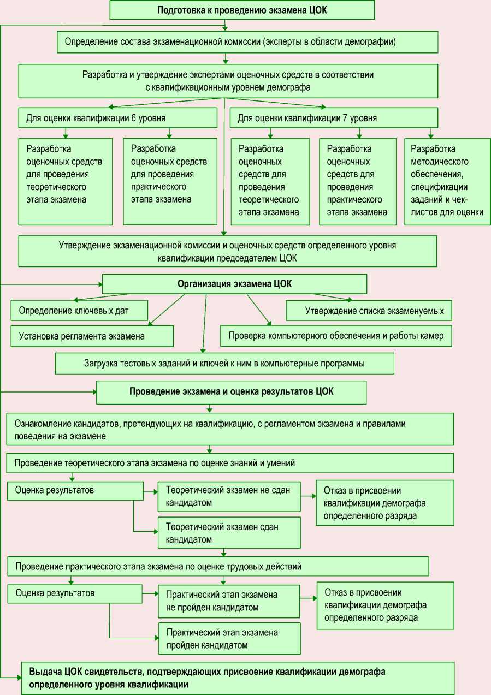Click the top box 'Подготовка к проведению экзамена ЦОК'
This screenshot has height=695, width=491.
click(x=242, y=10)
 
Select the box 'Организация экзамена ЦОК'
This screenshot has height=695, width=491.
click(x=234, y=284)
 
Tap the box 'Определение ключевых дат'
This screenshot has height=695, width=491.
click(x=79, y=311)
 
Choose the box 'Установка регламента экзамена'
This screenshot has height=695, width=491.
click(x=92, y=336)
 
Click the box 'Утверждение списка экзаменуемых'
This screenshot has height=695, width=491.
click(x=369, y=311)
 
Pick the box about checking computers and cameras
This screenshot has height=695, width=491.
click(x=336, y=336)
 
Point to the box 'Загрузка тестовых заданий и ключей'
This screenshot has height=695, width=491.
click(x=224, y=363)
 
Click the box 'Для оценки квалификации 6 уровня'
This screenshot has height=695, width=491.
click(x=117, y=117)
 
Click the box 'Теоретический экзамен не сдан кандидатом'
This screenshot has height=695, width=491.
click(x=229, y=496)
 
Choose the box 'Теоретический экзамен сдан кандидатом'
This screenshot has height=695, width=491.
click(x=229, y=533)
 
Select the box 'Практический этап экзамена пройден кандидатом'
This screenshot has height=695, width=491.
click(x=229, y=639)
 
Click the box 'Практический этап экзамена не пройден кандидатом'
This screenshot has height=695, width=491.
click(x=229, y=601)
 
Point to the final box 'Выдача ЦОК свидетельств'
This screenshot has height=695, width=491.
click(x=238, y=678)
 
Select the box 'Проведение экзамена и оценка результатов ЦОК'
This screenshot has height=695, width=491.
click(x=231, y=392)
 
